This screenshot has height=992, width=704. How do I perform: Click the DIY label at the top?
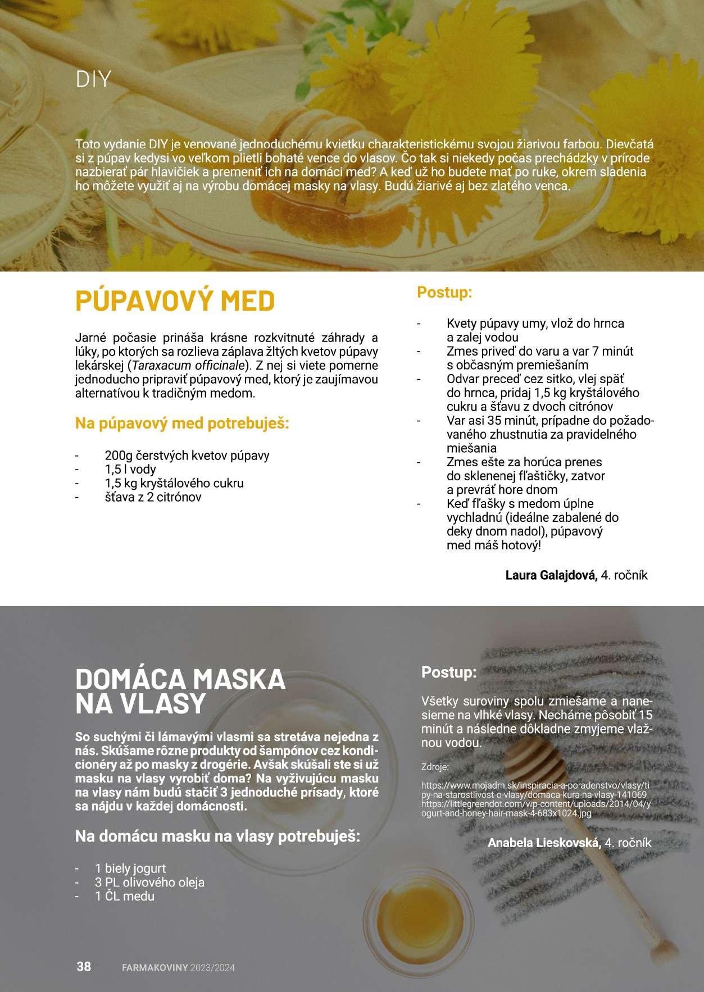[93, 79]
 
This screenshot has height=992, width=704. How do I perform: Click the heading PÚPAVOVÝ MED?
[175, 301]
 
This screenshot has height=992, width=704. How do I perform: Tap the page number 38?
[84, 967]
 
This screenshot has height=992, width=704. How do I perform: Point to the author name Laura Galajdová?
[551, 575]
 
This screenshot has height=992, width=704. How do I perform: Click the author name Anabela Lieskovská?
[544, 843]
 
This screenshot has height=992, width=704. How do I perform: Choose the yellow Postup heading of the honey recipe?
[444, 292]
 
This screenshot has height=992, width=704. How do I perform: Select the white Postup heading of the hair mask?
[449, 672]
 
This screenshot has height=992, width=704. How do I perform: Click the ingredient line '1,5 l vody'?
[130, 469]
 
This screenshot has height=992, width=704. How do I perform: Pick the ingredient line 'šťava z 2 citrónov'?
[153, 497]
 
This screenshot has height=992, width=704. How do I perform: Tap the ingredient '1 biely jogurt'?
[130, 868]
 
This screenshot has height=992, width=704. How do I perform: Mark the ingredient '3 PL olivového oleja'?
[149, 882]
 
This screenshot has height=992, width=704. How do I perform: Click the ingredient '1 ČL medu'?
[124, 897]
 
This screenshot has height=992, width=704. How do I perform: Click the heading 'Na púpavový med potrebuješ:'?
[182, 423]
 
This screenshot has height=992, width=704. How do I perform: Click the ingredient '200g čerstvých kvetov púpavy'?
[187, 455]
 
